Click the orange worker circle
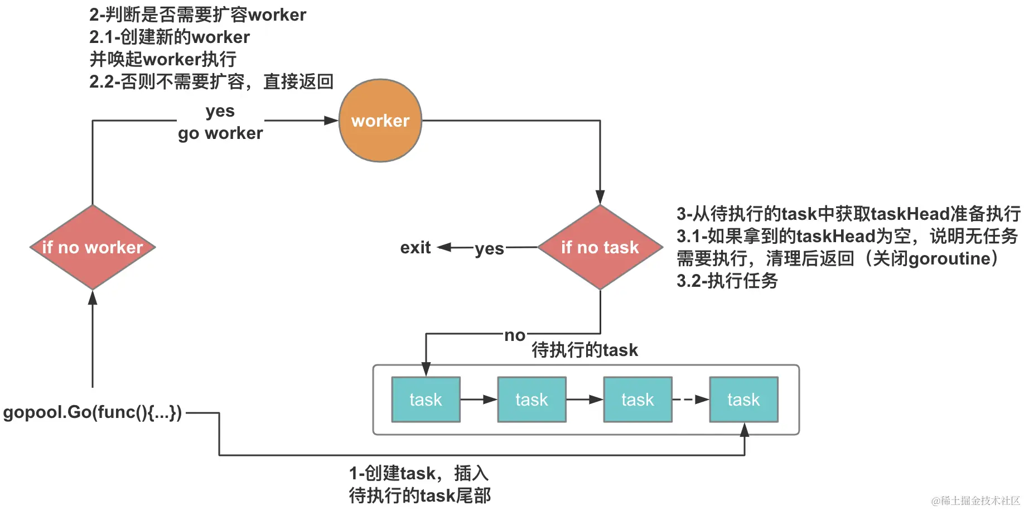click(x=380, y=121)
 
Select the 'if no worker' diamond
click(x=93, y=247)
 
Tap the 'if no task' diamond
click(x=600, y=247)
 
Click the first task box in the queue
click(x=426, y=400)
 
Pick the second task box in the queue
click(x=532, y=400)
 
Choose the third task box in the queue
click(x=637, y=400)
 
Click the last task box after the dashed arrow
click(x=743, y=400)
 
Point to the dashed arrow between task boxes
click(x=690, y=400)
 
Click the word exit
click(x=416, y=247)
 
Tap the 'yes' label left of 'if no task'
click(x=489, y=248)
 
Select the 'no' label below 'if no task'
click(x=515, y=335)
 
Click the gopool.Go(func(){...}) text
click(x=93, y=412)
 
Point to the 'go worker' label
click(x=220, y=133)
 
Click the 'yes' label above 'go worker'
click(x=220, y=110)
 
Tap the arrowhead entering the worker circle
click(x=331, y=121)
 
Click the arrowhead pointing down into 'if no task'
click(x=600, y=197)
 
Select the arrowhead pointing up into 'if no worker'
click(x=93, y=297)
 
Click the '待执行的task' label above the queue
click(x=585, y=350)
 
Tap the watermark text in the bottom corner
click(x=975, y=501)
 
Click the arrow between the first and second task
click(x=479, y=400)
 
